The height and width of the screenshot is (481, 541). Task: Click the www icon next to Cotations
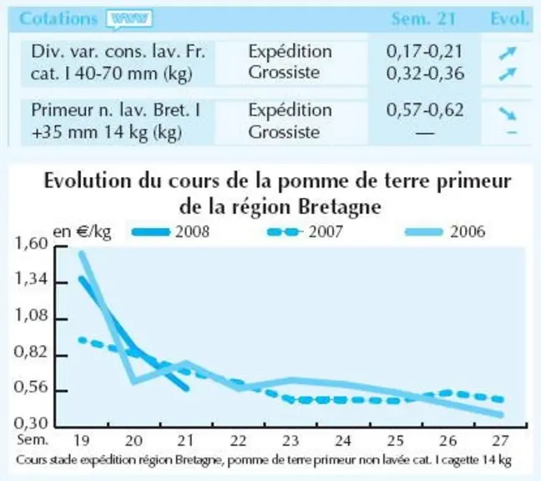(x=129, y=20)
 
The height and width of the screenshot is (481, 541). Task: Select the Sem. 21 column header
(x=423, y=18)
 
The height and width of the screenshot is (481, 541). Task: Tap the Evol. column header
(x=509, y=18)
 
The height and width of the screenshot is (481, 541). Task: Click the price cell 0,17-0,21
(x=424, y=52)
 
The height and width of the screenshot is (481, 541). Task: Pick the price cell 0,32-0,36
(x=425, y=73)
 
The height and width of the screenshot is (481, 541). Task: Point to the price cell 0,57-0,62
(x=424, y=110)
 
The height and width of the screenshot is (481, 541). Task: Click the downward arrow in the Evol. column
(x=508, y=114)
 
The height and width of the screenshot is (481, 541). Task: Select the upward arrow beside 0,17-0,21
(x=508, y=53)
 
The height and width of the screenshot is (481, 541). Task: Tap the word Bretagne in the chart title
(x=339, y=207)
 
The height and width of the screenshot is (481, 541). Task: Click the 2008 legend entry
(x=171, y=231)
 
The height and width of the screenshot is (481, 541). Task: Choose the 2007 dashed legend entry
(x=305, y=231)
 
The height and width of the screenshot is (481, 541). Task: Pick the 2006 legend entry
(x=445, y=231)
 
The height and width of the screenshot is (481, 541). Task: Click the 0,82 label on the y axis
(x=30, y=352)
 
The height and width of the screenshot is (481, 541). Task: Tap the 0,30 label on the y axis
(x=30, y=423)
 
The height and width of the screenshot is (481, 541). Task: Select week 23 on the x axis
(x=291, y=441)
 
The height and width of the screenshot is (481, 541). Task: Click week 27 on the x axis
(x=501, y=441)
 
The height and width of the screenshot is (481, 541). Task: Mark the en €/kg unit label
(x=82, y=232)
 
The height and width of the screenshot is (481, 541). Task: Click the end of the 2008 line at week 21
(x=187, y=389)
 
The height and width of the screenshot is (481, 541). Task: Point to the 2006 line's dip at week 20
(x=134, y=382)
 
